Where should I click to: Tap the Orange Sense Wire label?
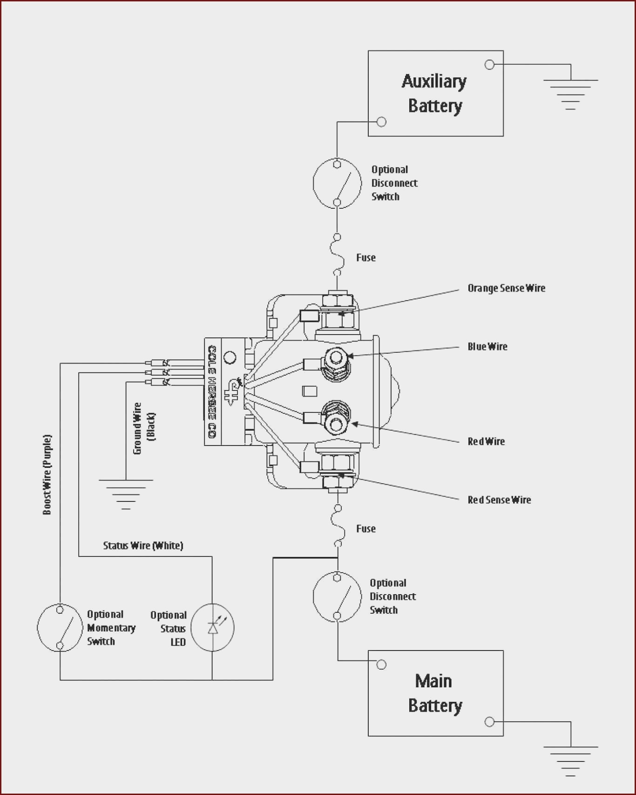(506, 288)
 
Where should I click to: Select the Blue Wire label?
(487, 346)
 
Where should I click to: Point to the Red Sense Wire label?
(499, 500)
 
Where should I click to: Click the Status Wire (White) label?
(143, 545)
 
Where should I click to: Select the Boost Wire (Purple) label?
(47, 474)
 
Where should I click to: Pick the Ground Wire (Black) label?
(143, 428)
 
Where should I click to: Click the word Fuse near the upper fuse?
(366, 257)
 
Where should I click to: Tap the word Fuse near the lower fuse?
(366, 528)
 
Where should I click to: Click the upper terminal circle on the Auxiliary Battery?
(489, 65)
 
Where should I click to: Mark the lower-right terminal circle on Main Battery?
(489, 722)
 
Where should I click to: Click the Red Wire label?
(486, 441)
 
